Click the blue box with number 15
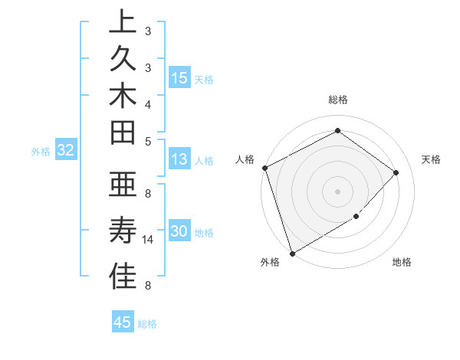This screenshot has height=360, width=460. tap(179, 78)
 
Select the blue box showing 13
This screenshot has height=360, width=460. tap(179, 160)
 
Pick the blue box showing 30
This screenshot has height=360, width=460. tap(179, 232)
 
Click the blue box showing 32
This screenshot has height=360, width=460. tap(65, 151)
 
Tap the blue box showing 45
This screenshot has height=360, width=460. tap(123, 322)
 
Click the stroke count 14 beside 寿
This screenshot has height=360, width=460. tap(148, 240)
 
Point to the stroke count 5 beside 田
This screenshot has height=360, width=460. tap(148, 141)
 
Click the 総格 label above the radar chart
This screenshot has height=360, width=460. tap(337, 100)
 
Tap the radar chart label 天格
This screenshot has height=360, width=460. tap(431, 159)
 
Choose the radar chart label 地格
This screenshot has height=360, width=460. tap(402, 263)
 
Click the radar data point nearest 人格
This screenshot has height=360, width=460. tap(264, 168)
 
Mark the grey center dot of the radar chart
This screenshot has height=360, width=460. tap(337, 191)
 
